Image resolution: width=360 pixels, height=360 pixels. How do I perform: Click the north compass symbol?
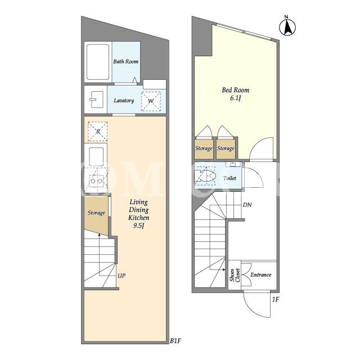tap(287, 26)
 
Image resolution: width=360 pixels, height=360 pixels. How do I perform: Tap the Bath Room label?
tap(126, 61)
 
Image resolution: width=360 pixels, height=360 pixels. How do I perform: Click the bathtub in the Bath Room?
tap(98, 62)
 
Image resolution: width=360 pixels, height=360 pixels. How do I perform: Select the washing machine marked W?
tap(151, 101)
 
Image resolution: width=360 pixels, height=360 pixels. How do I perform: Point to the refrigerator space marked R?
tap(98, 131)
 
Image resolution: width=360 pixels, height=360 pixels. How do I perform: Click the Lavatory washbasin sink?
tap(97, 100)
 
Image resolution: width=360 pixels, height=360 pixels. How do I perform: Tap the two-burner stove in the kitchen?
tap(96, 181)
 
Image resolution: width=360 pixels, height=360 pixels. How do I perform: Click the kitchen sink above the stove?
tap(96, 157)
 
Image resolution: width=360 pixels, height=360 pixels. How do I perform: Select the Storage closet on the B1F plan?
tap(96, 215)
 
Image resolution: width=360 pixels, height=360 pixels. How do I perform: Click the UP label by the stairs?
tap(121, 276)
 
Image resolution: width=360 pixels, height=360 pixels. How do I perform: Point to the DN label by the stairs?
tap(247, 205)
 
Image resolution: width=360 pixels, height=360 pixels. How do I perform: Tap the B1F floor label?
tap(175, 341)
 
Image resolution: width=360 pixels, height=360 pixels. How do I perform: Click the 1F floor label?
tap(276, 299)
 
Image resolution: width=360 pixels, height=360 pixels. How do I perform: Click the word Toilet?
tap(229, 178)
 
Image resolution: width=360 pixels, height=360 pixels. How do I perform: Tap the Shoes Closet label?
tap(235, 275)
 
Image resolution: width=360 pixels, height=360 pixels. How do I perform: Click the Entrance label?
tap(261, 275)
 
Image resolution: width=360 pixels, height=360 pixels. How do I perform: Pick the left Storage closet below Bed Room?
tap(204, 148)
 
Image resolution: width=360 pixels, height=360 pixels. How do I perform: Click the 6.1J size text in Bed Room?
tap(236, 98)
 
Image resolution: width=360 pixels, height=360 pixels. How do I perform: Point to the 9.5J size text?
tap(139, 226)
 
